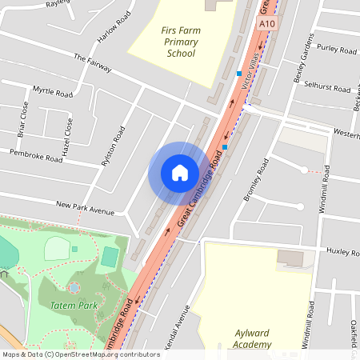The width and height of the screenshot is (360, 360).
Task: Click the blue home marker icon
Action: click(x=179, y=172)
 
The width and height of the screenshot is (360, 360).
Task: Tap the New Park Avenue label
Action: click(x=86, y=210)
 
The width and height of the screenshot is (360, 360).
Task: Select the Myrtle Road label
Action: click(x=52, y=92)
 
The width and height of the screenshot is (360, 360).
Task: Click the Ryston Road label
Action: click(x=113, y=144)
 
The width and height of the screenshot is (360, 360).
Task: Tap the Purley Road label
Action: click(x=337, y=48)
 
